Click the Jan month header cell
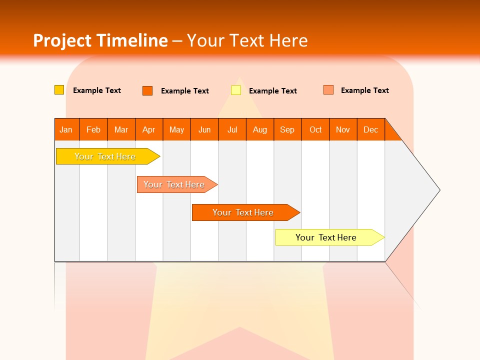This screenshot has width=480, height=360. pyautogui.click(x=66, y=129)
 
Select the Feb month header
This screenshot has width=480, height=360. pyautogui.click(x=93, y=129)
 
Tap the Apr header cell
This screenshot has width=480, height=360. pyautogui.click(x=149, y=129)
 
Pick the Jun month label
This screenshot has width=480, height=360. pyautogui.click(x=204, y=129)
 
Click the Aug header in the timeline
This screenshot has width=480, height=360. pyautogui.click(x=260, y=129)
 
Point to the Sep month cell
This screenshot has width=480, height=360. pyautogui.click(x=287, y=129)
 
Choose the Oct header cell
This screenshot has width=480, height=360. pyautogui.click(x=315, y=129)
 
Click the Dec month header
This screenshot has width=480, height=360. pyautogui.click(x=371, y=129)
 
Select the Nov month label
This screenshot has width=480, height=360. pyautogui.click(x=343, y=129)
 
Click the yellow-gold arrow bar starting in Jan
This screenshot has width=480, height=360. pyautogui.click(x=105, y=156)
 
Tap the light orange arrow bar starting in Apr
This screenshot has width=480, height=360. pyautogui.click(x=174, y=184)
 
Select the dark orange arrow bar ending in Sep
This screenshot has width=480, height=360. pyautogui.click(x=243, y=212)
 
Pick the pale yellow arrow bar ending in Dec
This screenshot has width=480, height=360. pyautogui.click(x=326, y=237)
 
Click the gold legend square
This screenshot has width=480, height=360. pyautogui.click(x=59, y=90)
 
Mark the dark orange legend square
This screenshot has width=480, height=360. pyautogui.click(x=147, y=90)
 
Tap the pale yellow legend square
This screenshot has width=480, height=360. pyautogui.click(x=236, y=90)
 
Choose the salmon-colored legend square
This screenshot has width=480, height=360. pyautogui.click(x=328, y=90)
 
